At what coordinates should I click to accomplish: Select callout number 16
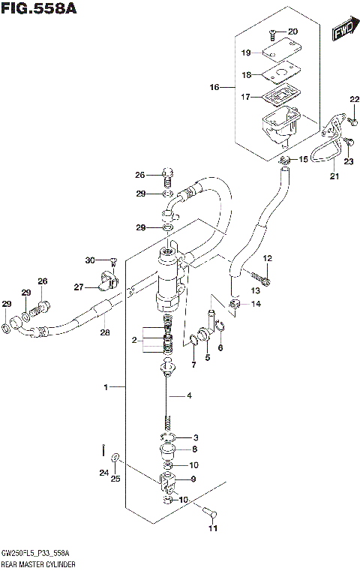coord(214,88)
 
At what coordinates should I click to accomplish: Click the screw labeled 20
coord(274,32)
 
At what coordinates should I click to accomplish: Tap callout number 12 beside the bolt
coord(268,259)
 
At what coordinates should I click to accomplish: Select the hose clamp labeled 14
coord(235,304)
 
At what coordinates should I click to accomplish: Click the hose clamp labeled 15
coord(283,160)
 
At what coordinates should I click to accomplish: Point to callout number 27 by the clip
coord(78,287)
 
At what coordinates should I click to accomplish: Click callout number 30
coord(89,260)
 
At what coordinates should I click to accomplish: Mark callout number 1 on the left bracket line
coord(107,386)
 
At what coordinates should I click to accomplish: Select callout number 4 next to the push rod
coord(190,395)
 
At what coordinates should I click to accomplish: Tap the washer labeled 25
coord(115,458)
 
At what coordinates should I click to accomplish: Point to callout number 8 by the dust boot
coord(193,449)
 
